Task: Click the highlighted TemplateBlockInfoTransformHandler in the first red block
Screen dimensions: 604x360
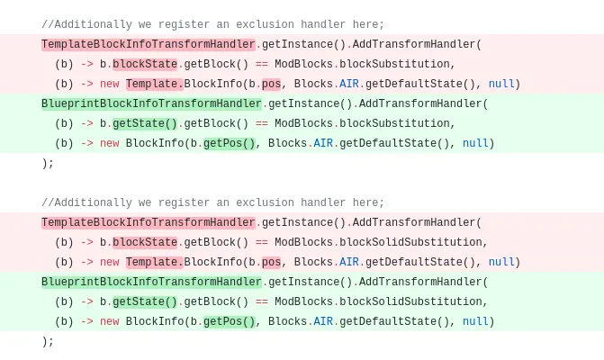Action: click(x=149, y=44)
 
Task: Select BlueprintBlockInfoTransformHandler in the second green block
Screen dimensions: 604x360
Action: click(x=151, y=282)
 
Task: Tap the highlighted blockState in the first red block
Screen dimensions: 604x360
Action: click(x=145, y=64)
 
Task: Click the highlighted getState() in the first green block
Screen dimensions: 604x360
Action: click(x=145, y=123)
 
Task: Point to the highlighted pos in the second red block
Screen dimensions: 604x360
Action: click(x=271, y=262)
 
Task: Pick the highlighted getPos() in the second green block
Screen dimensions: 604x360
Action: click(x=230, y=321)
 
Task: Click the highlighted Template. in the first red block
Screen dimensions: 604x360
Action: click(x=155, y=84)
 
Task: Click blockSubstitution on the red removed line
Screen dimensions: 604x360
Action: click(x=394, y=64)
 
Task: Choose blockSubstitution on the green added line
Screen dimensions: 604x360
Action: click(x=394, y=123)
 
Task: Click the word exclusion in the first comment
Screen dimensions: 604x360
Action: click(x=265, y=24)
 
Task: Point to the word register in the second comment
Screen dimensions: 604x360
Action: click(x=185, y=202)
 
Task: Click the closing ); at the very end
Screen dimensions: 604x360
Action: click(x=48, y=341)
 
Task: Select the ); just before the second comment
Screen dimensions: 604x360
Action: click(x=48, y=163)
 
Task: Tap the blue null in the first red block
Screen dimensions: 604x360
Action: click(x=501, y=84)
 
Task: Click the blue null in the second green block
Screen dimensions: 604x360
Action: click(x=475, y=321)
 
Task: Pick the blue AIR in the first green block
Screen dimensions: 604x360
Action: click(x=323, y=143)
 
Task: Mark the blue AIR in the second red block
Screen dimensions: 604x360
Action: click(x=349, y=262)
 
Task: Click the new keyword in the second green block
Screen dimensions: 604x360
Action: click(x=110, y=321)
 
